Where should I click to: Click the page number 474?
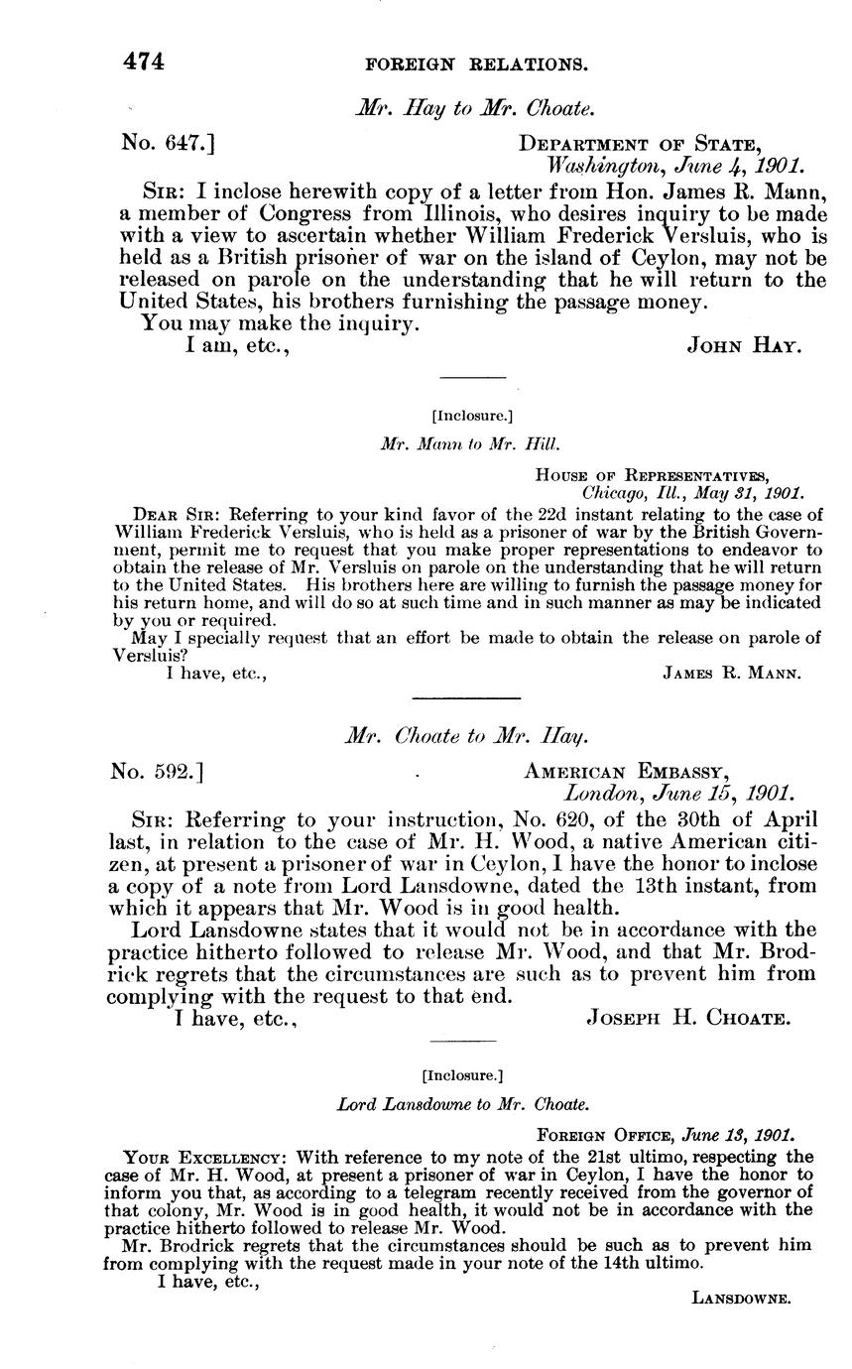tap(143, 62)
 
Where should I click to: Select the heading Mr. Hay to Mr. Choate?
tap(474, 110)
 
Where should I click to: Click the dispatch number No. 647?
tap(168, 144)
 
